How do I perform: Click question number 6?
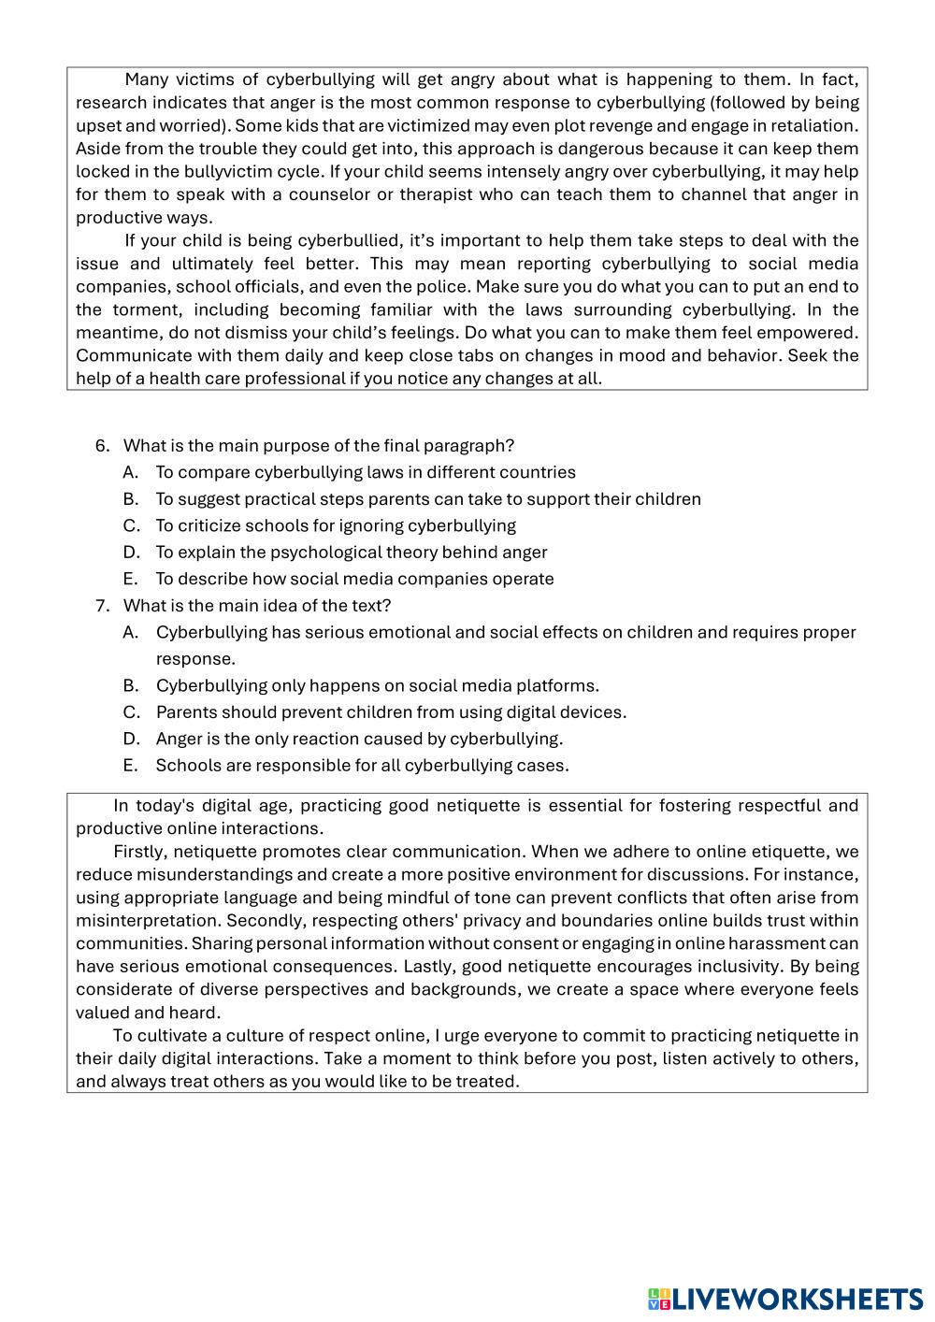[x=102, y=446]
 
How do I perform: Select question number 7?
[x=102, y=606]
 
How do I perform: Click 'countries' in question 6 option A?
[x=538, y=472]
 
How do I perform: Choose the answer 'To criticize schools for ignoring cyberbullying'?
[x=335, y=525]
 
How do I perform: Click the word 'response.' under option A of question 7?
[x=195, y=658]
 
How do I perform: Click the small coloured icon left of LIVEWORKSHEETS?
[x=658, y=1299]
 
